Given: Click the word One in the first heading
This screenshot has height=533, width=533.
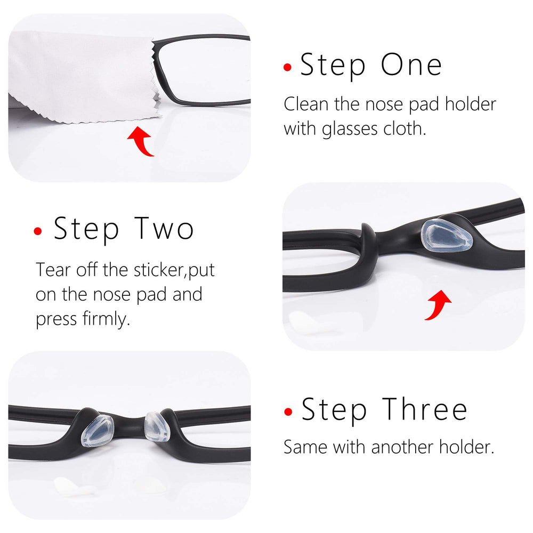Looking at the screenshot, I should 411,65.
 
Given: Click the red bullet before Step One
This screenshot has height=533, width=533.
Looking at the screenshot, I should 288,67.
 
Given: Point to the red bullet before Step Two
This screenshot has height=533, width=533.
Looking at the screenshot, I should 38,231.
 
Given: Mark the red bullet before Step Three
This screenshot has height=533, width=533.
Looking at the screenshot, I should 288,411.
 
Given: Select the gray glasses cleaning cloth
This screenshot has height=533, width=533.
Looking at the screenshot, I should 80,75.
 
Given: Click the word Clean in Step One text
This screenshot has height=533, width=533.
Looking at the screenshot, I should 306,103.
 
